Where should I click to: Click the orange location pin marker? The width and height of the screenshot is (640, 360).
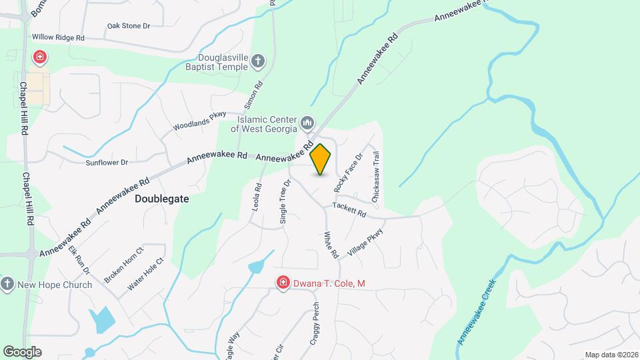(321, 159)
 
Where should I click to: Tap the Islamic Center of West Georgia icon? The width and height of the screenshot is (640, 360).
(307, 123)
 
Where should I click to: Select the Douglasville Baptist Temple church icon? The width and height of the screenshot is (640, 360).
(258, 63)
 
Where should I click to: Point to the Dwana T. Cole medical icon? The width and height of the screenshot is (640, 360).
(283, 283)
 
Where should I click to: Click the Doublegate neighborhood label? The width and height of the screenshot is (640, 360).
(162, 199)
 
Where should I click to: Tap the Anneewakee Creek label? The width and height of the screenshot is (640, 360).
(477, 312)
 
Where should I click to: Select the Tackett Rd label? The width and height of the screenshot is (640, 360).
(350, 210)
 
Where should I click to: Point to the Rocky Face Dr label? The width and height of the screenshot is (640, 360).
(348, 173)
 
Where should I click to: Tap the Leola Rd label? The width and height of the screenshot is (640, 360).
(257, 199)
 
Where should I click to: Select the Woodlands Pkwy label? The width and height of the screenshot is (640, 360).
(200, 121)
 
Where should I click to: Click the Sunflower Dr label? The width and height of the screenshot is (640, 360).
(106, 162)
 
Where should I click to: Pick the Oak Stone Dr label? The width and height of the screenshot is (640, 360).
(129, 26)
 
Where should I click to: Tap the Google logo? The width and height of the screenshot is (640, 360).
(22, 351)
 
